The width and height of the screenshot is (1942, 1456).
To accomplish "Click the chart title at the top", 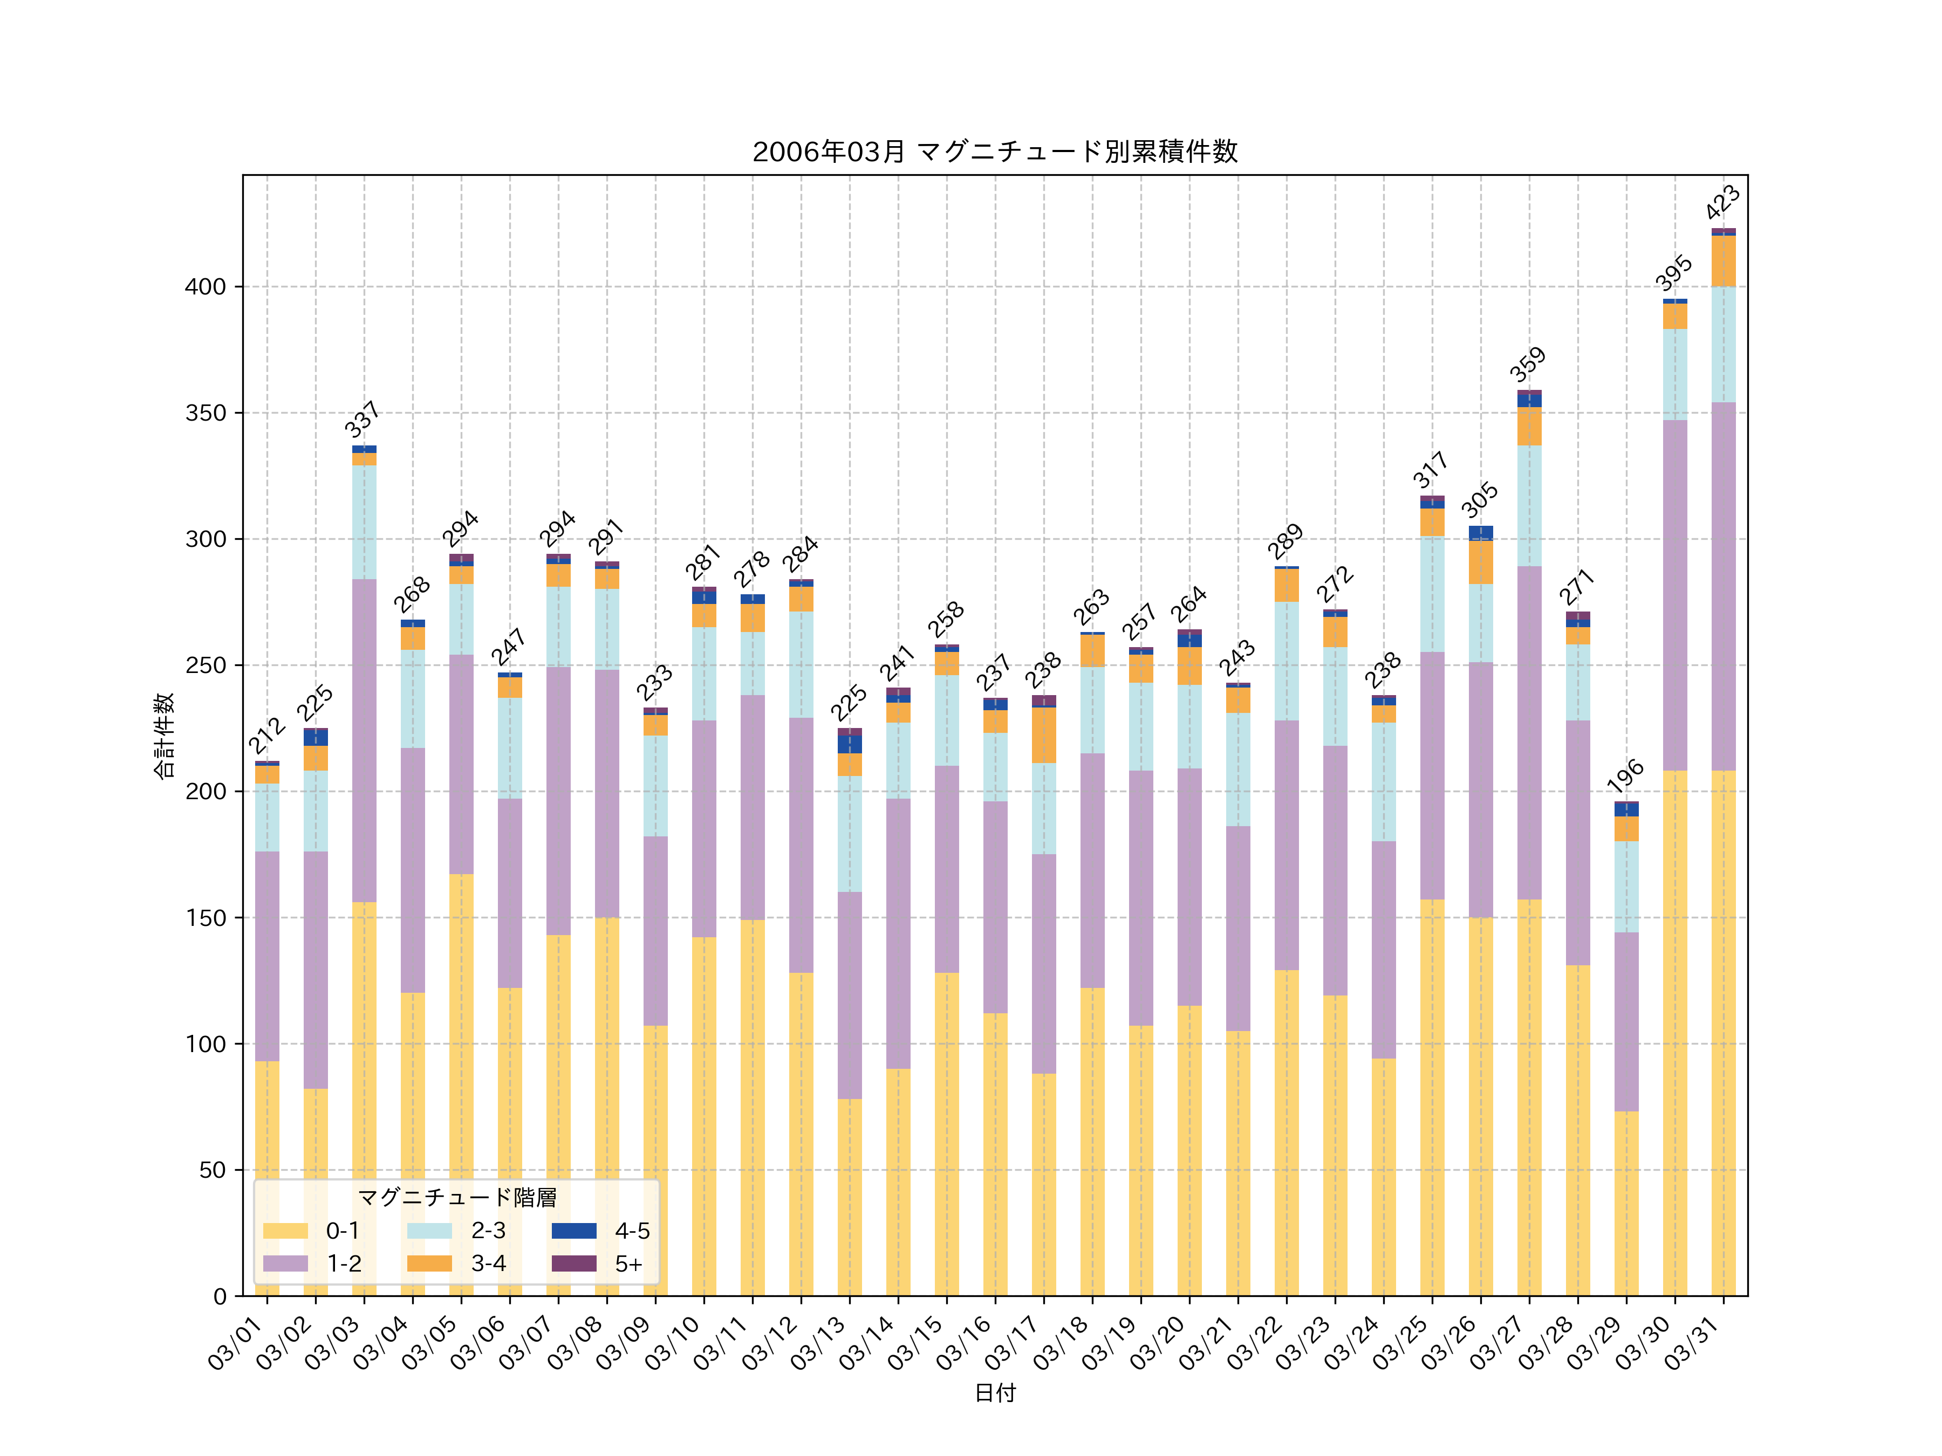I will (x=995, y=152).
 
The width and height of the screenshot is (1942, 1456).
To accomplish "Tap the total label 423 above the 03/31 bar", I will (x=1722, y=202).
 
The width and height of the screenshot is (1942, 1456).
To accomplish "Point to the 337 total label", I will (x=362, y=420).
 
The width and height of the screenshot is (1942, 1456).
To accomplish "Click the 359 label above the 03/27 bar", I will (x=1528, y=364).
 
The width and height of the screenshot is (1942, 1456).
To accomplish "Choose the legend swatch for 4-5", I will (x=573, y=1231).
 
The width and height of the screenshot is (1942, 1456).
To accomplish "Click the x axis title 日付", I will (x=995, y=1393).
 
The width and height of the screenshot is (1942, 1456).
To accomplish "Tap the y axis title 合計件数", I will (x=164, y=736).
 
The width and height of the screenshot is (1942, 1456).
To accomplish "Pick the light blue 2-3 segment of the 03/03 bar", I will (x=364, y=522).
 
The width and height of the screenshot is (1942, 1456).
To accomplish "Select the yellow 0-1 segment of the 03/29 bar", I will (x=1626, y=1203).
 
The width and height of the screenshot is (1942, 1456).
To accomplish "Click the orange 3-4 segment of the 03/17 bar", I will (x=1044, y=736).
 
